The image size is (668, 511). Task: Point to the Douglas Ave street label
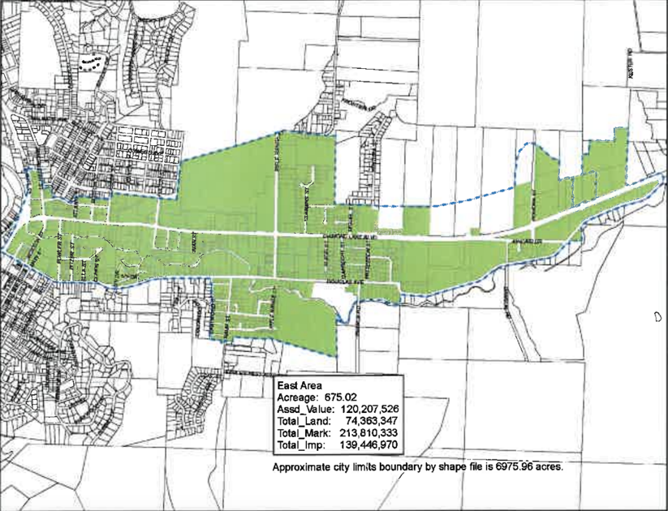320,282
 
